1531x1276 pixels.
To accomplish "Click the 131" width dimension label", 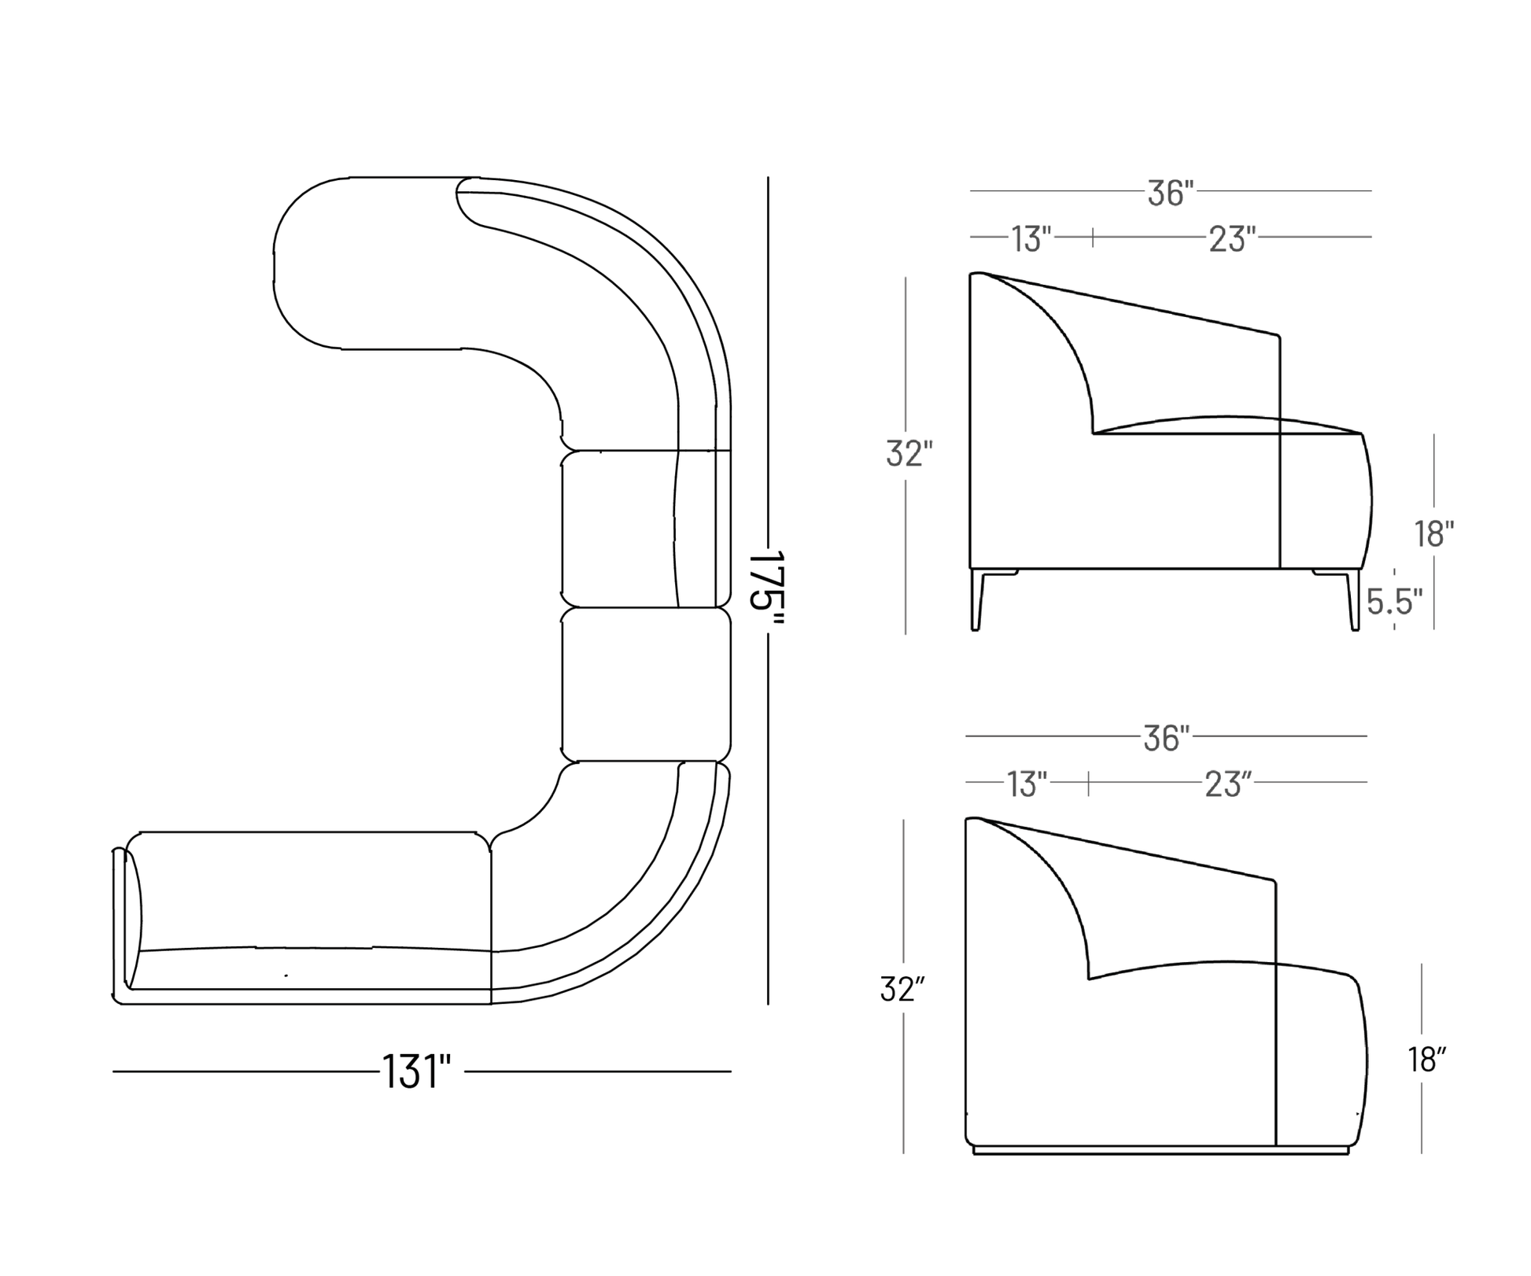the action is tap(416, 1071).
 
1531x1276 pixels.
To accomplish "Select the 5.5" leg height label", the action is tap(1395, 602).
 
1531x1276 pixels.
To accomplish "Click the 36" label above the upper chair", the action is tap(1171, 193).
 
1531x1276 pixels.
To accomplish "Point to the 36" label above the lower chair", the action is tap(1166, 738).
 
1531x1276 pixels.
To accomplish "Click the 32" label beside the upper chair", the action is tap(909, 454).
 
